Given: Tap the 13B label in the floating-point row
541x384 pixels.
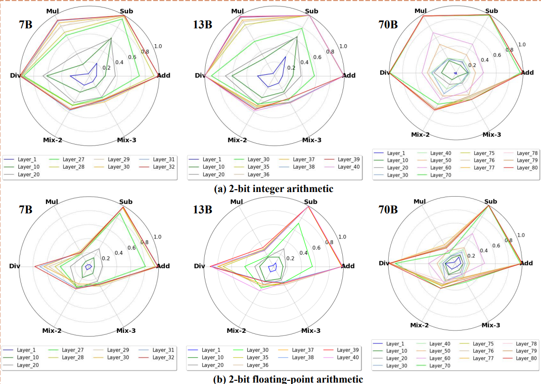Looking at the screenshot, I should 202,209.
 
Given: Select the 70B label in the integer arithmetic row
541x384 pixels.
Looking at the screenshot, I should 388,25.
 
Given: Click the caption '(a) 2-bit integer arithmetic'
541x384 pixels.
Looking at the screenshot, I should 274,189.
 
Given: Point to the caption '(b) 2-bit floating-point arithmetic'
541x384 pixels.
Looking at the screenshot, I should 288,378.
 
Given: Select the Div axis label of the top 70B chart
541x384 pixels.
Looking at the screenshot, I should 385,73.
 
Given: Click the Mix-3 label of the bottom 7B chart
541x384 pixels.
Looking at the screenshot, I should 126,331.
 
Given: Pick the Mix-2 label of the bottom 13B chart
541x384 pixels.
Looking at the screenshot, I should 236,331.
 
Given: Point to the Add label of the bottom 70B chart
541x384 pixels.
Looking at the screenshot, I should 526,263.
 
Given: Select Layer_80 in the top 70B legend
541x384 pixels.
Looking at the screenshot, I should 527,168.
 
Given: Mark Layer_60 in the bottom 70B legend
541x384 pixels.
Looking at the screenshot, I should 439,358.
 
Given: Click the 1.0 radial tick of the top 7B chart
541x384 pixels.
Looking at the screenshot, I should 158,46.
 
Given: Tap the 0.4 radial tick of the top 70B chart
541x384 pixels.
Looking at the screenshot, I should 485,60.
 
